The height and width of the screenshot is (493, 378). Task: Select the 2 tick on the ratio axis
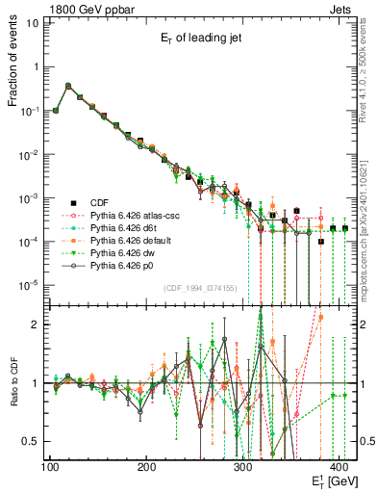(37, 324)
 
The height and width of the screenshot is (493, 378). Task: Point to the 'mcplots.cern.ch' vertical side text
(365, 250)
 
